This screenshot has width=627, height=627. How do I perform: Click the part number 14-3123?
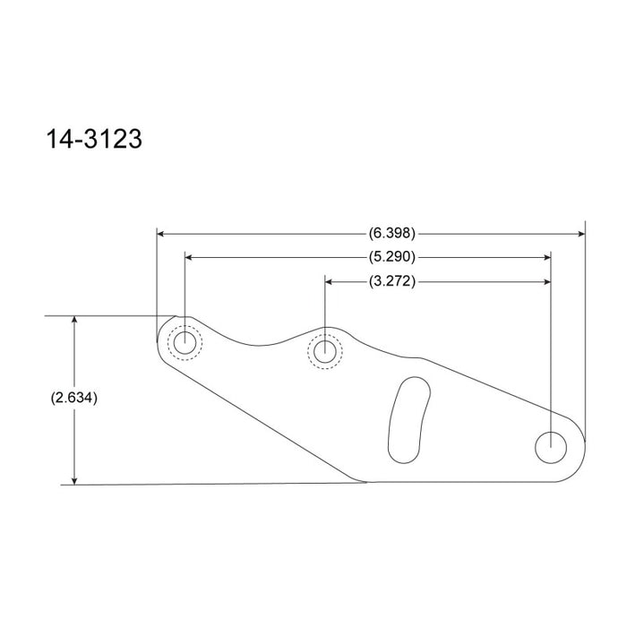click(94, 141)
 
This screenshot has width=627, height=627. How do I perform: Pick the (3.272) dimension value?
click(391, 282)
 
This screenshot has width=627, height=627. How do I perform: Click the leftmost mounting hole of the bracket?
click(186, 342)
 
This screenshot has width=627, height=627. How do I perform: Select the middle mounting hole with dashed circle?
click(324, 348)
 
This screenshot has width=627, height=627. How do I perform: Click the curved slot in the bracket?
click(406, 418)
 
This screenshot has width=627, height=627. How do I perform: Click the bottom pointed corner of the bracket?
click(365, 481)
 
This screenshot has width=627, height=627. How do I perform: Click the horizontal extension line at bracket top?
click(107, 316)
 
